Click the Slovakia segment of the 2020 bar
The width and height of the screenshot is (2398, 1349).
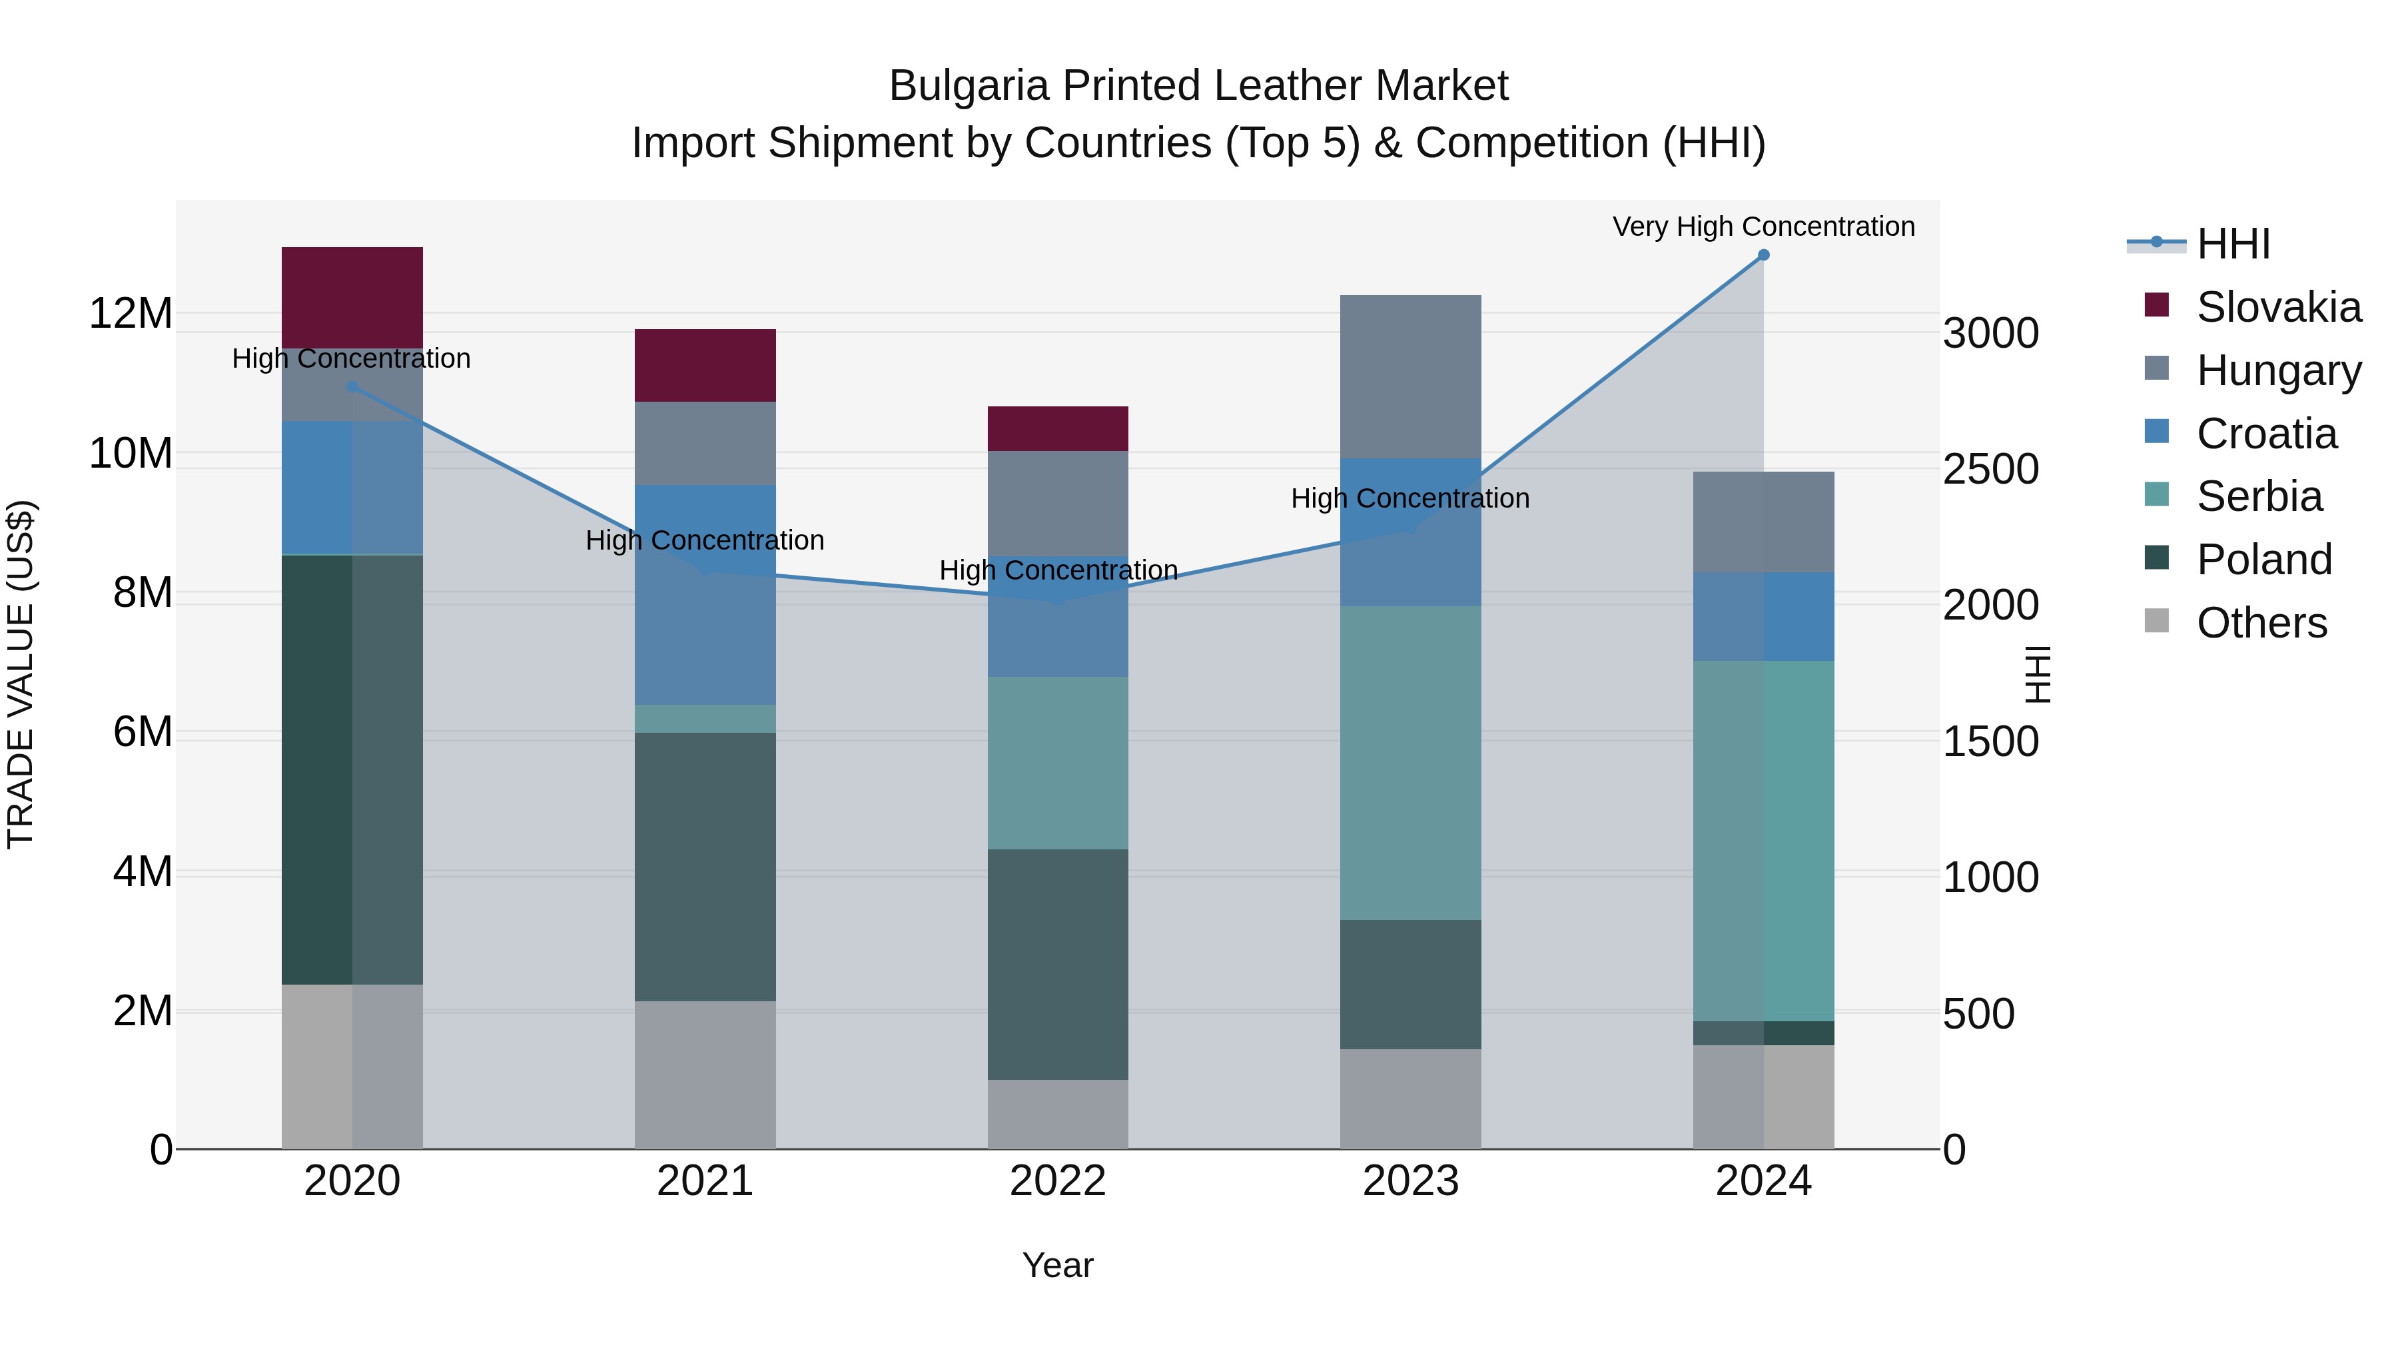[352, 297]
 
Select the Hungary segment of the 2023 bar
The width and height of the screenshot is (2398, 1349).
[1410, 376]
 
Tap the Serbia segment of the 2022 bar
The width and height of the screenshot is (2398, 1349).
[1058, 763]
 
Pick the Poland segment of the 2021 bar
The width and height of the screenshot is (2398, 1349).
[705, 867]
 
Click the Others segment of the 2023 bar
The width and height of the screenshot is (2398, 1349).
[1410, 1099]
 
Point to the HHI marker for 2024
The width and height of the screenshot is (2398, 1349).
[1763, 255]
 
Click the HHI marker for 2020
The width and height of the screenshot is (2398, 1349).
[352, 387]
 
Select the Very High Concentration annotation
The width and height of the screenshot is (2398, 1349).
[1763, 227]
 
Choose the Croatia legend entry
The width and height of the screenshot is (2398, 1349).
[2266, 434]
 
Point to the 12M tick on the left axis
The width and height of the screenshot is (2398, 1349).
[131, 314]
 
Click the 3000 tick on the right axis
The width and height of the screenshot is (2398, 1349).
[1990, 333]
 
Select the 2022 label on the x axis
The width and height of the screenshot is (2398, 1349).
[1058, 1181]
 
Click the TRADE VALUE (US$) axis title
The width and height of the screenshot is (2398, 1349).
[21, 674]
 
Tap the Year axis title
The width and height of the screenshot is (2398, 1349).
[1058, 1265]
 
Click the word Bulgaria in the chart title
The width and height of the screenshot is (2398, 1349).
[969, 86]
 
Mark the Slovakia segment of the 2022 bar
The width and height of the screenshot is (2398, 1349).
[1058, 428]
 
